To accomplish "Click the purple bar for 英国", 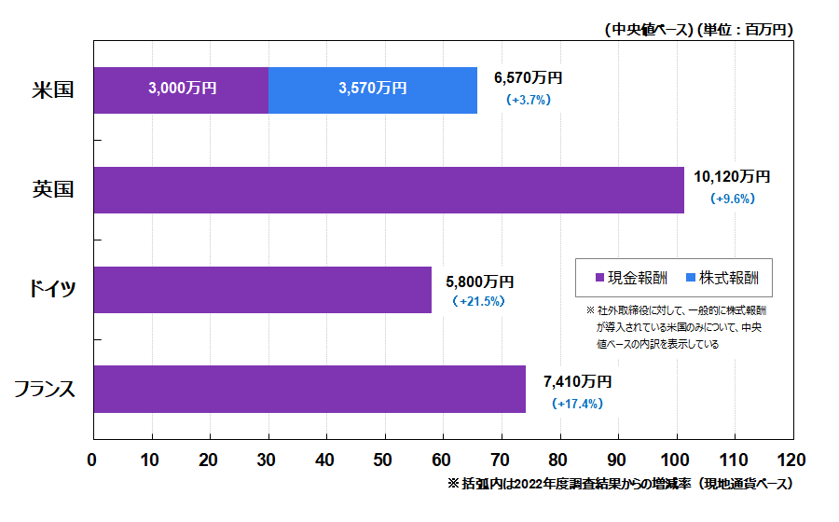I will pos(389,190).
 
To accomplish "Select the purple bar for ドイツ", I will pos(262,290).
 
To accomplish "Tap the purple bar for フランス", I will pos(309,389).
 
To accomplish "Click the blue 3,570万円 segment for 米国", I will pos(373,89).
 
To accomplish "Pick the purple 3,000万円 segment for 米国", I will pos(182,89).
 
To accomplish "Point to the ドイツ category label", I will pos(52,290).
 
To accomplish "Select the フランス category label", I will pos(45,390).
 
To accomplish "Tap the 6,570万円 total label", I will pos(528,78).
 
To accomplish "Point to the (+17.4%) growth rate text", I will pos(577,404).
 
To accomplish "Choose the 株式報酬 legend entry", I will pos(722,278).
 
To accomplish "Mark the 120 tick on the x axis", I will pos(791,460).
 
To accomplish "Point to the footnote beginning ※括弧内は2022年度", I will pos(620,485).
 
